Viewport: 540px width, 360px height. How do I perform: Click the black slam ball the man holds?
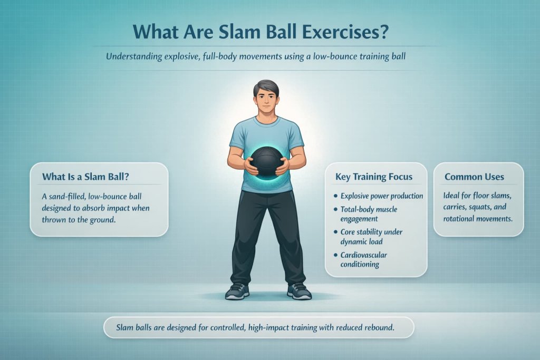(x=267, y=161)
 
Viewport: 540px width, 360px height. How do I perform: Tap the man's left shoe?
(x=299, y=291)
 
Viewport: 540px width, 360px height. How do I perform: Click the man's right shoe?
(x=236, y=291)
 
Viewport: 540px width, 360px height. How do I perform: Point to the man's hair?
(x=266, y=87)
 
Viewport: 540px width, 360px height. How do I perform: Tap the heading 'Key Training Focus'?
(x=373, y=177)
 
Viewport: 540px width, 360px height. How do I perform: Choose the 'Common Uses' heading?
(x=474, y=177)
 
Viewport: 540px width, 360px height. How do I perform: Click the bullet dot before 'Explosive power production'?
(x=336, y=196)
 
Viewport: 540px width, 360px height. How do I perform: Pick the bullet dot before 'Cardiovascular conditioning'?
(x=336, y=255)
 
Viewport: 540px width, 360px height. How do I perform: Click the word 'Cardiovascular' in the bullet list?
(x=364, y=255)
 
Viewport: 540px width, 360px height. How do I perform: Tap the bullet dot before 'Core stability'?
(x=336, y=230)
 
